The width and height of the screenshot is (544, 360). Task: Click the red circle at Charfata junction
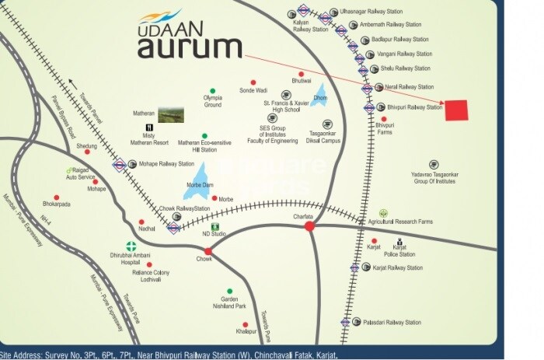click(309, 225)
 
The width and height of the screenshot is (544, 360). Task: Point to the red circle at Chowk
click(207, 250)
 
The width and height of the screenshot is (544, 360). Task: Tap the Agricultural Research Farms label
click(425, 221)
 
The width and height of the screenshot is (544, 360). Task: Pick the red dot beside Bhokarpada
click(56, 197)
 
